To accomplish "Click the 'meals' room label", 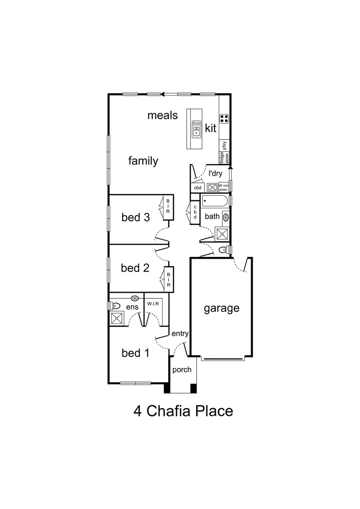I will click(x=163, y=115).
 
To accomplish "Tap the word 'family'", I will click(x=143, y=161).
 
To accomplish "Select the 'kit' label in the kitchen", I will click(x=211, y=128).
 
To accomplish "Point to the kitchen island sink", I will click(x=196, y=128).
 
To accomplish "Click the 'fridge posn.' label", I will click(x=221, y=157).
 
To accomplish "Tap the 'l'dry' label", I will click(x=215, y=173).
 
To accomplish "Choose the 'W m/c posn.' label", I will click(x=224, y=187).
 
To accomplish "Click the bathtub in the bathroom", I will click(x=215, y=202).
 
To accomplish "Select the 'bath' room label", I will click(x=212, y=217).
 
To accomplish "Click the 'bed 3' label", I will click(x=135, y=217).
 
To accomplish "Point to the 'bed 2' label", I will click(x=135, y=268).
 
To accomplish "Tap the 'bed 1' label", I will click(x=135, y=353).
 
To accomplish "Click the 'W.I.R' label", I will click(x=153, y=304).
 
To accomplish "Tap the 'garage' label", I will click(x=221, y=309).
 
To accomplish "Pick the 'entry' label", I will click(x=180, y=334).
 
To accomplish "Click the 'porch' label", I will click(x=181, y=369).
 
